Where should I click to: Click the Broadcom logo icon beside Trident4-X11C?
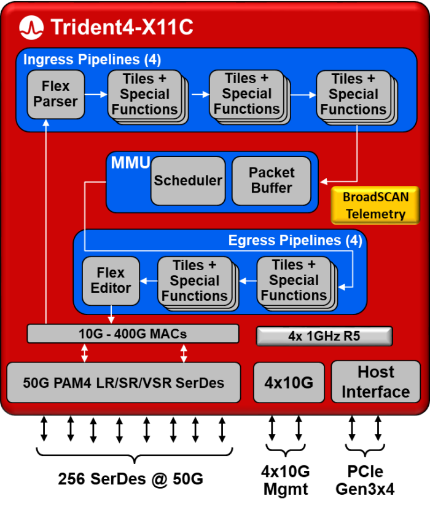(31, 26)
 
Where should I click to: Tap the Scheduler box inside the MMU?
(187, 180)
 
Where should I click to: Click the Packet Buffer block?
(271, 180)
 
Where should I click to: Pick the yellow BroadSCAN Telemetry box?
(374, 206)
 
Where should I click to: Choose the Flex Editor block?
(111, 280)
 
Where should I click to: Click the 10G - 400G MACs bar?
(133, 334)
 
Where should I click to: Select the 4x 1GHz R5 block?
(324, 336)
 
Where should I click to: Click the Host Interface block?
(375, 382)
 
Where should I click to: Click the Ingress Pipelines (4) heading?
(92, 60)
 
